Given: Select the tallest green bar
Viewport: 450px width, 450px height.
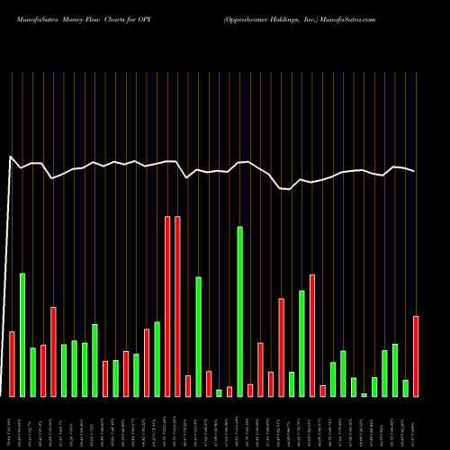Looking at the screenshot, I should (x=239, y=311).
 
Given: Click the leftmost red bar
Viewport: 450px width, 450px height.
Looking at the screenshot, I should (x=12, y=364).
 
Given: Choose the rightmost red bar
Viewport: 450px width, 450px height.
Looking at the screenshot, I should (x=416, y=355).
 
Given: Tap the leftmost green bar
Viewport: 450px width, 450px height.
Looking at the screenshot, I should (x=22, y=334).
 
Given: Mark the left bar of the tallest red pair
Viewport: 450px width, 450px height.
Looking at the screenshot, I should (x=167, y=306).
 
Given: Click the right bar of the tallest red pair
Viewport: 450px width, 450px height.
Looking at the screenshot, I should (x=177, y=306).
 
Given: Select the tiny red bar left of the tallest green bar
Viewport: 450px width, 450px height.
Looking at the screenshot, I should (x=229, y=391).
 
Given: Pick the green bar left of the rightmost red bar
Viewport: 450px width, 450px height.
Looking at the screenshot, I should (x=405, y=388).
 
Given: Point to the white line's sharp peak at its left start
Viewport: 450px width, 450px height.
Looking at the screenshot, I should (x=11, y=157).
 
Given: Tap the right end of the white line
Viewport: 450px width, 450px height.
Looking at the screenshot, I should (x=415, y=171).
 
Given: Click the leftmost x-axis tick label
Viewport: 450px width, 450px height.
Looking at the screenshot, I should (x=12, y=423).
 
